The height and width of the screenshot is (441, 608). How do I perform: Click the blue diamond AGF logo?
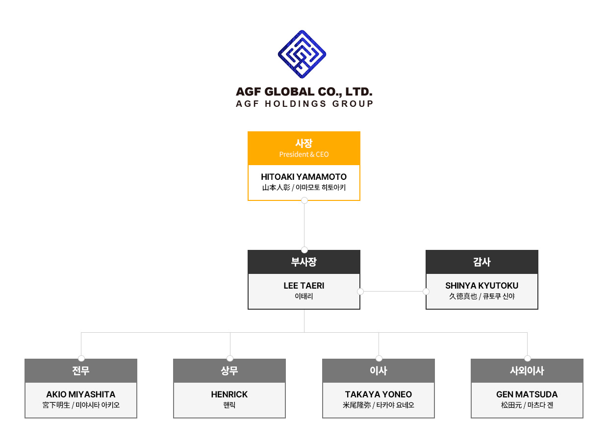pos(302,54)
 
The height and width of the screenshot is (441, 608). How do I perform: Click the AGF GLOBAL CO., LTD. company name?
pos(304,92)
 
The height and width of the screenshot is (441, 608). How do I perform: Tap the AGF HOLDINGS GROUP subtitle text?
pos(304,104)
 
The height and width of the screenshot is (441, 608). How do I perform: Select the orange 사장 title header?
pos(304,143)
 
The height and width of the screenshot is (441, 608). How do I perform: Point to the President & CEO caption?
pos(304,154)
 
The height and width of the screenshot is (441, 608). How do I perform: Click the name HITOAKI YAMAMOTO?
pos(304,177)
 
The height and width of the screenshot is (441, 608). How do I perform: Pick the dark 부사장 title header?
pos(304,262)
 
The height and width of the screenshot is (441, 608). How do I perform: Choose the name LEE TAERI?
pos(304,286)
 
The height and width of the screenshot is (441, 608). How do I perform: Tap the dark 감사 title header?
pos(482,262)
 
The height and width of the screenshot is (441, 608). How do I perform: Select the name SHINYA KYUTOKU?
pos(482,286)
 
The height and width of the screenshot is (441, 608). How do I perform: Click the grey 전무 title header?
pos(81,371)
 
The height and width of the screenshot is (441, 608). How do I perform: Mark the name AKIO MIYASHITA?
pos(81,394)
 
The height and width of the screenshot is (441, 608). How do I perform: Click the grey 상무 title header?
pos(229,371)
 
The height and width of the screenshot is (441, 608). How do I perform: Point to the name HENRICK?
pos(229,394)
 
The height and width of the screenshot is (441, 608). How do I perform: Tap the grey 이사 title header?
pos(379,371)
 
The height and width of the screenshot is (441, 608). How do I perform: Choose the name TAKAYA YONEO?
pos(379,394)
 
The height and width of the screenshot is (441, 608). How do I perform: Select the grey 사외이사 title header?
pos(527,371)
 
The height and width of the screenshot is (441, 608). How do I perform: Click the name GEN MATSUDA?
pos(527,394)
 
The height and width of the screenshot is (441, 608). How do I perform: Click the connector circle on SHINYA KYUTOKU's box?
pos(426,292)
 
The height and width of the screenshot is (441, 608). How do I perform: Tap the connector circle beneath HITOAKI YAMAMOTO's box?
pos(304,200)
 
